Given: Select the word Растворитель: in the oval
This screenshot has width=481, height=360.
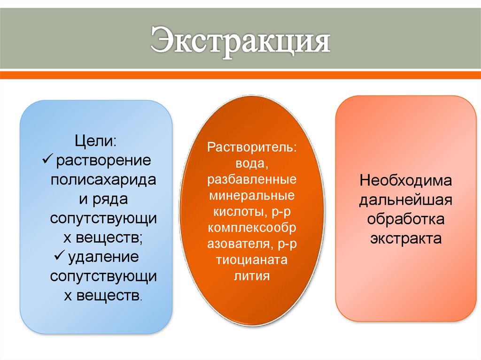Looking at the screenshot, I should pyautogui.click(x=252, y=147).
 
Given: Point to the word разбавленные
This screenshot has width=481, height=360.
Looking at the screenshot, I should pyautogui.click(x=252, y=180).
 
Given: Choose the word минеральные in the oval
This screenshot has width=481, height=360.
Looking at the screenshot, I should pyautogui.click(x=252, y=196).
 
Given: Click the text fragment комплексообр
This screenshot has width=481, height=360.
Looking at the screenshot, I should pyautogui.click(x=252, y=228).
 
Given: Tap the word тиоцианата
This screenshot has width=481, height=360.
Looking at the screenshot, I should pyautogui.click(x=252, y=260).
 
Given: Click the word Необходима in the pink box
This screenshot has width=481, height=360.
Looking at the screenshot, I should pyautogui.click(x=405, y=181).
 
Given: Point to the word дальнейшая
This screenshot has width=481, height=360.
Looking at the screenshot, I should pyautogui.click(x=405, y=200).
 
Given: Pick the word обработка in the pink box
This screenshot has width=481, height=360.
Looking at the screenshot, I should pyautogui.click(x=405, y=219).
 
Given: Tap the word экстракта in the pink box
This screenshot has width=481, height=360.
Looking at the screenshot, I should pyautogui.click(x=405, y=238).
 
